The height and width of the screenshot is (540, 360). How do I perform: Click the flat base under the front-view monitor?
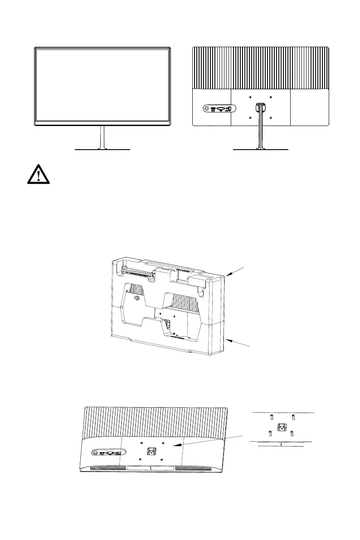(102, 149)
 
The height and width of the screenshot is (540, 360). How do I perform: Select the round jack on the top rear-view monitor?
(207, 109)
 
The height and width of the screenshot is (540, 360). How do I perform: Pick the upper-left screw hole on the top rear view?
(250, 97)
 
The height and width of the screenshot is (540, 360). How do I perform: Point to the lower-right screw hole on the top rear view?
(270, 118)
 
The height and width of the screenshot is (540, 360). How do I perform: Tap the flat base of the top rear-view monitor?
(260, 149)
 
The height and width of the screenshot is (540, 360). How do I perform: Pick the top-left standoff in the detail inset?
(271, 417)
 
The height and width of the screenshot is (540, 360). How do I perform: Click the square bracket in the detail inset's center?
(282, 426)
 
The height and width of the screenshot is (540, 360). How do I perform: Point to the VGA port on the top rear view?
(221, 109)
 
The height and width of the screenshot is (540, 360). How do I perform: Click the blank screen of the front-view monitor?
(102, 85)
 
